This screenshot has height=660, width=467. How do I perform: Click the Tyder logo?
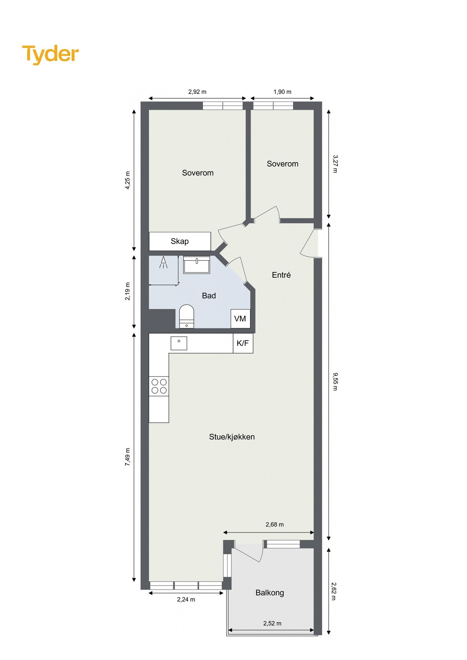[50, 54]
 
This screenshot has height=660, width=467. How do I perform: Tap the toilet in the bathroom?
[186, 315]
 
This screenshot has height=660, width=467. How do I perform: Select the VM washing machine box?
[240, 319]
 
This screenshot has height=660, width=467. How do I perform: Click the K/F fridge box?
[243, 343]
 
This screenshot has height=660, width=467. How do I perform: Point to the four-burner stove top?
[159, 386]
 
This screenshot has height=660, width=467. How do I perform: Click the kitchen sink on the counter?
[179, 343]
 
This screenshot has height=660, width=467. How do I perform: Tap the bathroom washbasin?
[197, 264]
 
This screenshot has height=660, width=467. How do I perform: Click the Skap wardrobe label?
[180, 241]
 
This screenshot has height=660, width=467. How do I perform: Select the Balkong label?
[270, 593]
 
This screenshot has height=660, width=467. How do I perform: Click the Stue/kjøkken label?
[232, 437]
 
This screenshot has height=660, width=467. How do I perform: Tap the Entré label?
[281, 275]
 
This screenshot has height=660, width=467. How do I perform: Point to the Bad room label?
[209, 296]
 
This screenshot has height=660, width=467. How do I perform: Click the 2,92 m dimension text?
[197, 92]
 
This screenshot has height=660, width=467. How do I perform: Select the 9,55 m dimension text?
[335, 381]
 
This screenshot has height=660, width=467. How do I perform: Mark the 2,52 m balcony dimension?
[272, 623]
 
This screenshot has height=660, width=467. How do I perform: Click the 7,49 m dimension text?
[128, 457]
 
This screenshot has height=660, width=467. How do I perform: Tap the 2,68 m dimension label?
[275, 524]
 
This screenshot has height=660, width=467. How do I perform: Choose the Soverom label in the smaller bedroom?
[282, 164]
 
